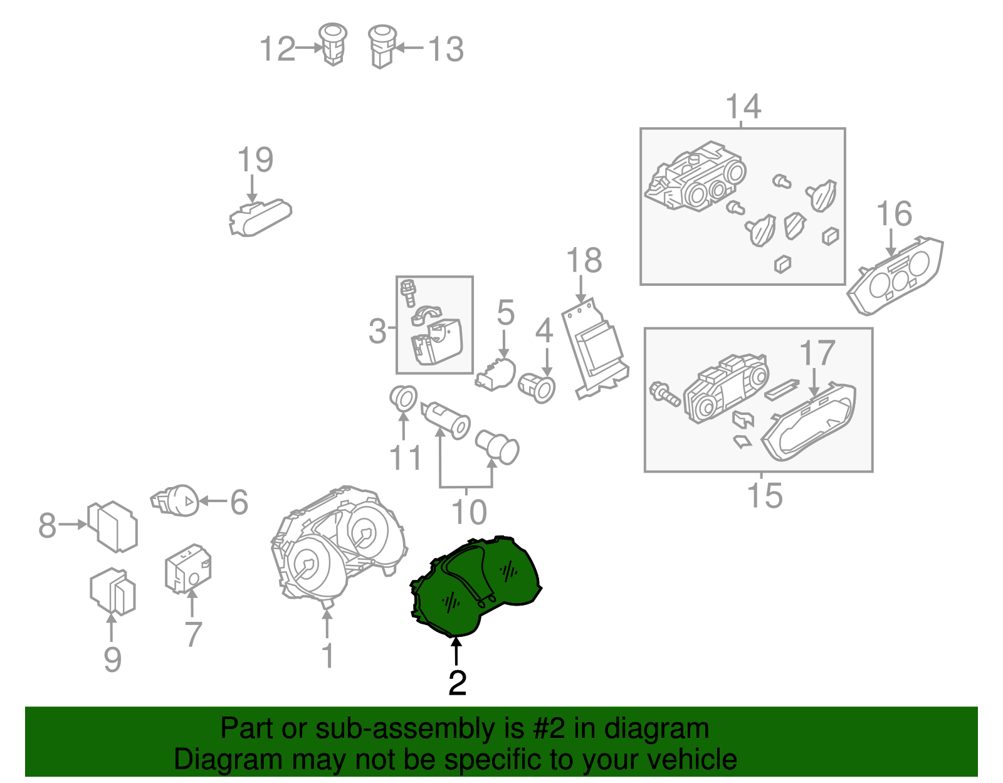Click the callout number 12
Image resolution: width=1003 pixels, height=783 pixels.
point(278,48)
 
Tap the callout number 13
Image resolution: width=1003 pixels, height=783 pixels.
point(446,49)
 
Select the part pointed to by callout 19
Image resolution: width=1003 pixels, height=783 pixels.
point(260,218)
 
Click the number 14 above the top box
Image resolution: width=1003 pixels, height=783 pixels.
point(743,106)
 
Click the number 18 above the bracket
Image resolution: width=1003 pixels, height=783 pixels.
point(584,260)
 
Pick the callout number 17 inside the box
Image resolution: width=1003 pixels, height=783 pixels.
point(817,353)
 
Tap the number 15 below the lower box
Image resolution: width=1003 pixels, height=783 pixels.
point(765,495)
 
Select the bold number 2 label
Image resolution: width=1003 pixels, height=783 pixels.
point(458,683)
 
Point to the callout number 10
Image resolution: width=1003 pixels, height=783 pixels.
point(468,512)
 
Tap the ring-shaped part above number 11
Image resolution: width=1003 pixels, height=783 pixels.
point(403,398)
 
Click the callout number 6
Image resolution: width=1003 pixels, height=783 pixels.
point(239,502)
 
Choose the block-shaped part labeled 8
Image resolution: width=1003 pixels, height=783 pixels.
point(113,527)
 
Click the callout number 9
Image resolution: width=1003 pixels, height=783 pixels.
point(113,660)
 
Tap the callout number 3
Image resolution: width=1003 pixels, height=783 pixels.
point(377,331)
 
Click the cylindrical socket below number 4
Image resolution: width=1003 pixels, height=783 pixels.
point(537,388)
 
